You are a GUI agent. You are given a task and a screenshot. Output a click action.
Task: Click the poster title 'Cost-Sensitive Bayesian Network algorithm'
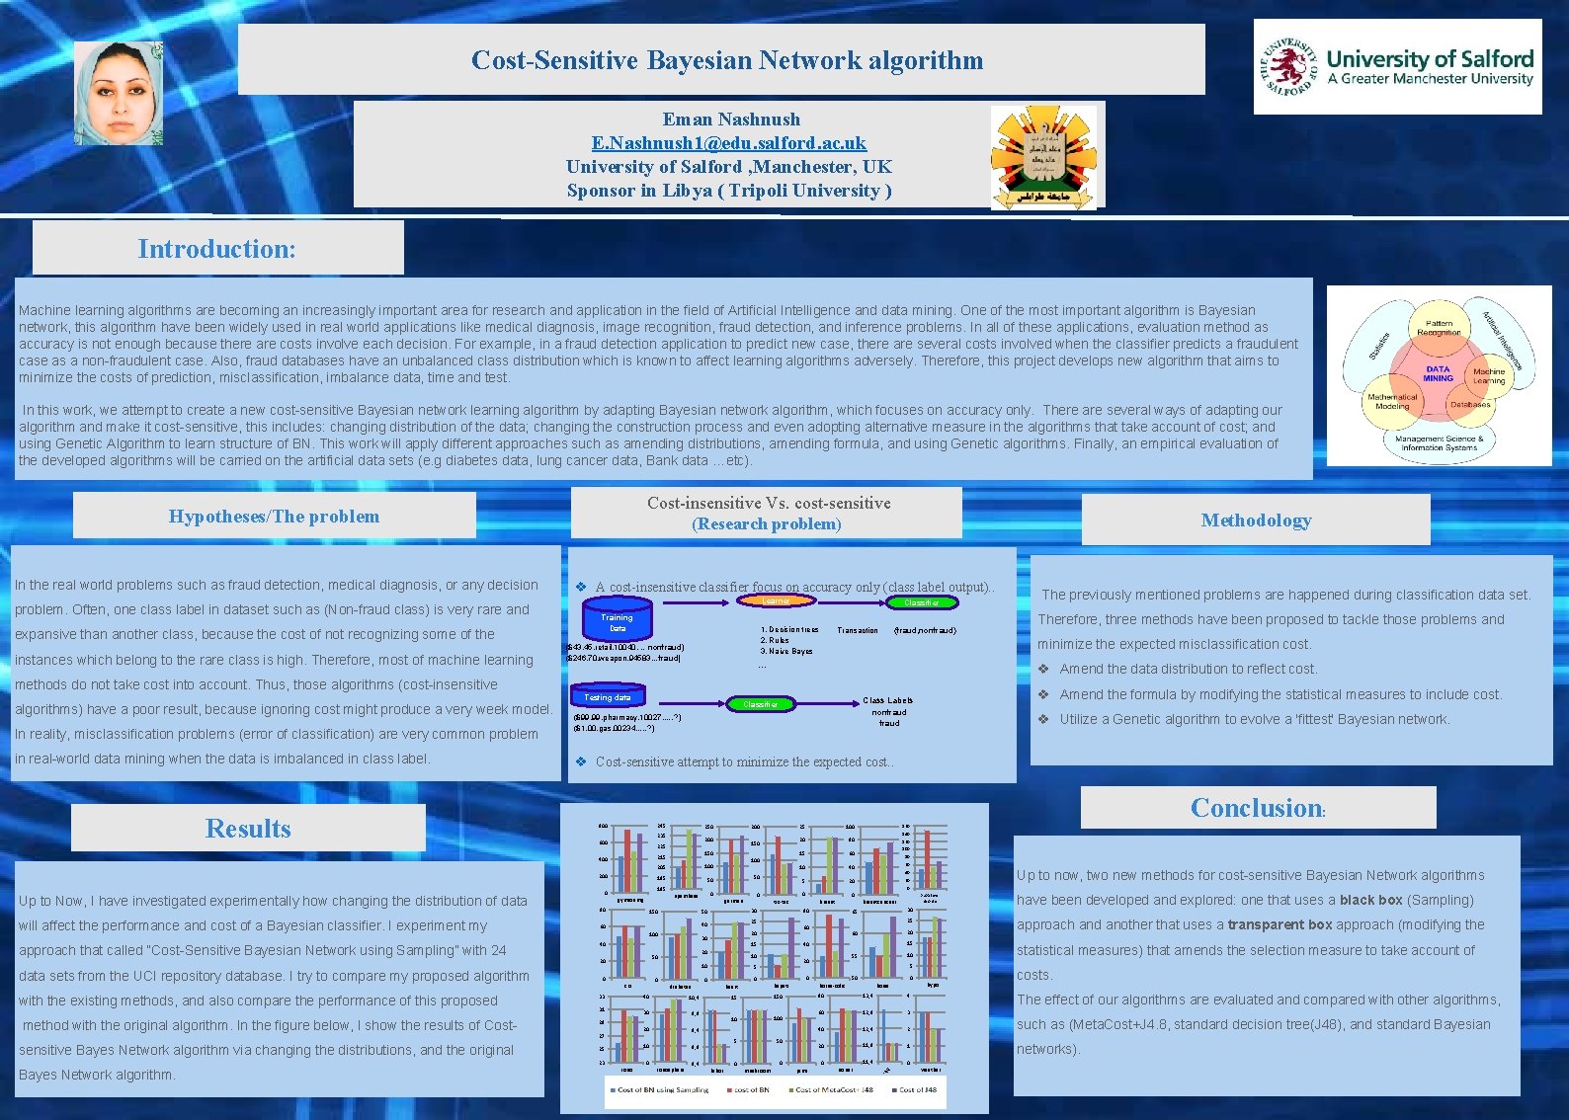[x=727, y=60]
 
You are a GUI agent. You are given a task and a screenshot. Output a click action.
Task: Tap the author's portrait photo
[x=119, y=93]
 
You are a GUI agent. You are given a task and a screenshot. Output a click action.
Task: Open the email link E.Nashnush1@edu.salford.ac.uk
[x=729, y=143]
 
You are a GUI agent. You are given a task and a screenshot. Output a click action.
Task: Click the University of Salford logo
[x=1397, y=67]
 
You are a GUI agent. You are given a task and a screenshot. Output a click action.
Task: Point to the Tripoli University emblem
[x=1044, y=157]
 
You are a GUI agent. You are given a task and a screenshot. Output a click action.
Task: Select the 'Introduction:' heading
[x=217, y=249]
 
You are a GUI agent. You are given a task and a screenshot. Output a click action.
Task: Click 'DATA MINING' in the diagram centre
[x=1438, y=374]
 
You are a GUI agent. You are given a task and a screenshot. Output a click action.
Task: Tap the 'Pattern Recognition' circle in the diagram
[x=1439, y=328]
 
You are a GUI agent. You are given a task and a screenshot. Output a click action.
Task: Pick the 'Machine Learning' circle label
[x=1489, y=376]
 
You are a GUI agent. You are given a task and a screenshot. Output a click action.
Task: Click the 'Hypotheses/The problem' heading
[x=274, y=517]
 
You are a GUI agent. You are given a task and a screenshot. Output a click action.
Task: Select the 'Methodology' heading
[x=1256, y=520]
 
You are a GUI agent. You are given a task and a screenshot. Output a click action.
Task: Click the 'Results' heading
[x=248, y=829]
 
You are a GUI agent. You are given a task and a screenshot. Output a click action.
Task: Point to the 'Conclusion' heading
[x=1256, y=808]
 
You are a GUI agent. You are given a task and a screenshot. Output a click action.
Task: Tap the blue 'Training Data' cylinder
[x=617, y=619]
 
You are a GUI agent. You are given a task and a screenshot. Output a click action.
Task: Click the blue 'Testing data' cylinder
[x=607, y=696]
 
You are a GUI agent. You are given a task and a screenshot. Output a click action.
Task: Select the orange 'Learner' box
[x=776, y=600]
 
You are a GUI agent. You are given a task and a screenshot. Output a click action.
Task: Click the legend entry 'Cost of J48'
[x=917, y=1090]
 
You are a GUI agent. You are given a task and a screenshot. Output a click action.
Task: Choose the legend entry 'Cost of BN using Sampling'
[x=662, y=1090]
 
